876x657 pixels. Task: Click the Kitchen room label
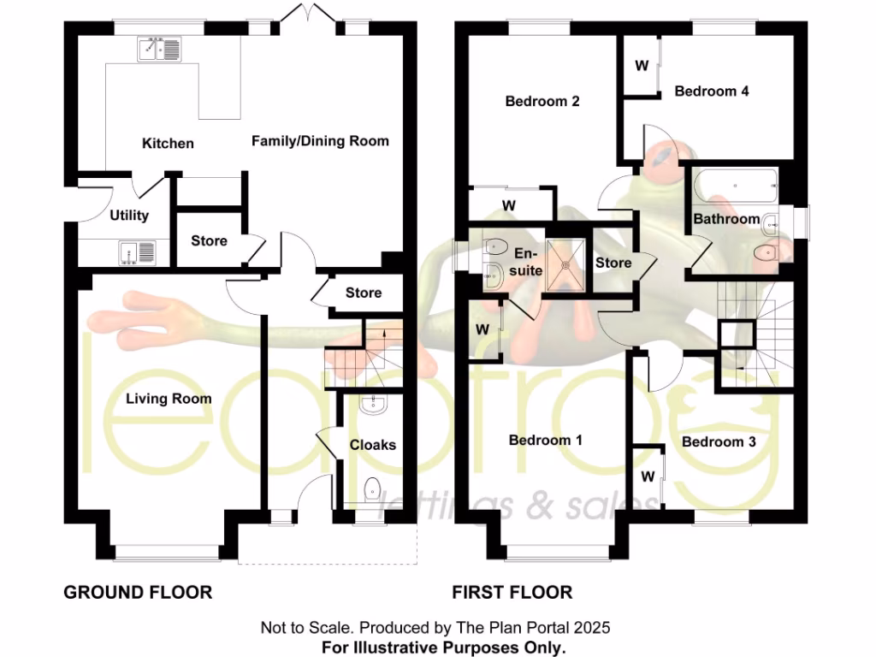point(168,144)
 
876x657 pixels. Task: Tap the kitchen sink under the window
point(158,50)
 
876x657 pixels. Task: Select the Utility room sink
point(138,252)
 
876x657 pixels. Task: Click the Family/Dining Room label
point(320,141)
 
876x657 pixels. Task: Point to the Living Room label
point(169,399)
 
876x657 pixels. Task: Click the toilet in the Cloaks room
point(373,490)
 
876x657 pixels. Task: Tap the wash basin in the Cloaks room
point(374,405)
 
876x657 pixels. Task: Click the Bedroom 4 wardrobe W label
point(641,66)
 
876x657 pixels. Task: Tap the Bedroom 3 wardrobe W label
point(648,476)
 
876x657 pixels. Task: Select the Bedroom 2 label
point(542,102)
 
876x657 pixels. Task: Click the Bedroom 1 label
point(546,441)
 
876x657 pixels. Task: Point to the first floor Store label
point(613,263)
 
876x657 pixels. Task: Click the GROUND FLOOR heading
point(138,592)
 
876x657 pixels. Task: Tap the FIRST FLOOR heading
point(512,592)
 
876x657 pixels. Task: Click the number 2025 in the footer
point(594,628)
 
